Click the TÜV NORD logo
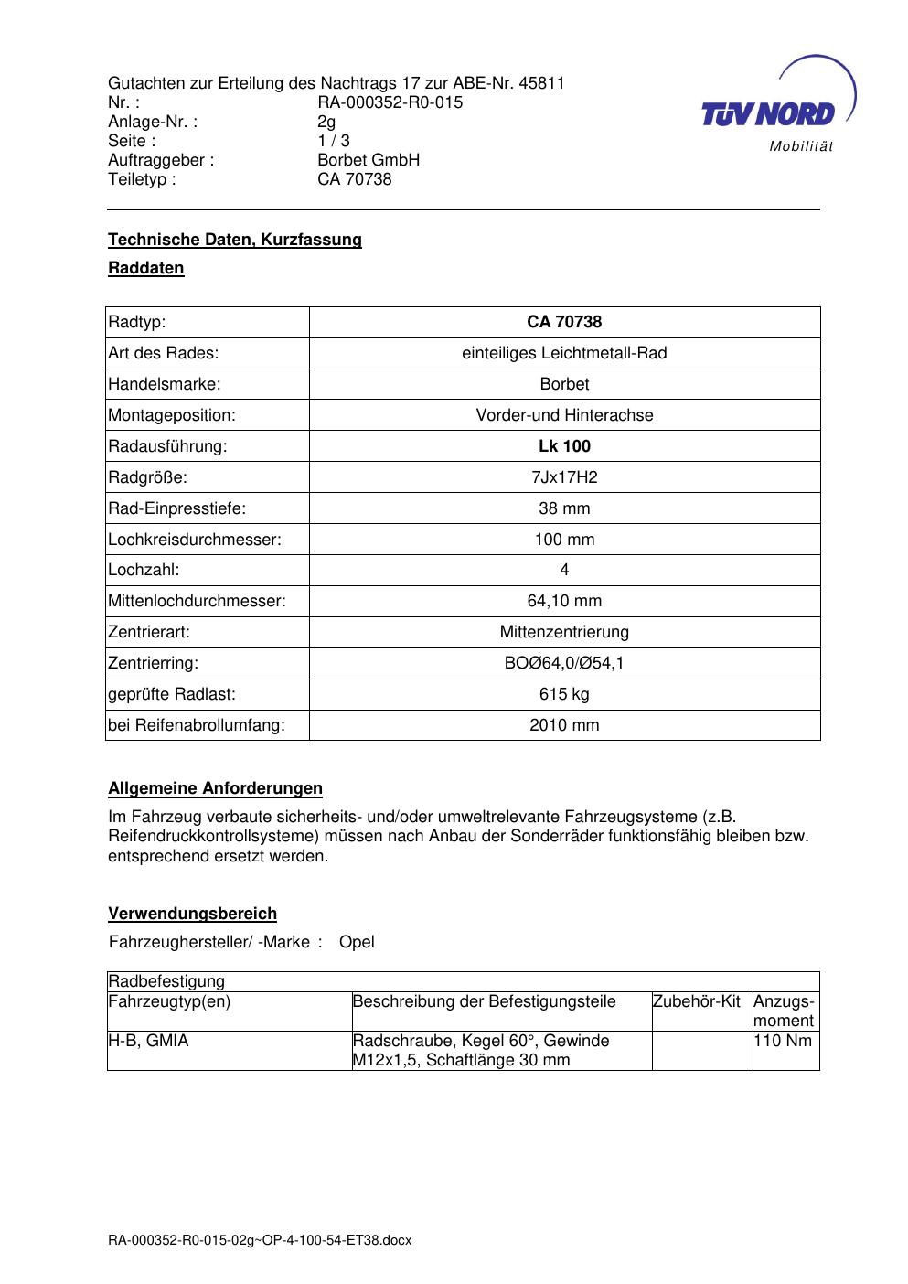pos(768,113)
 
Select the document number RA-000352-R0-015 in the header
pos(390,102)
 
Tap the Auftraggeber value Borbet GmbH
pos(369,160)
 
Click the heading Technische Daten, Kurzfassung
pos(235,240)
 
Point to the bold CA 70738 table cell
pos(564,322)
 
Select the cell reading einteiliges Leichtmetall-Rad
pos(564,353)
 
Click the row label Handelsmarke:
pos(165,384)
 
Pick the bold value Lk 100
pos(564,446)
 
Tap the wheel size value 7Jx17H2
pos(564,477)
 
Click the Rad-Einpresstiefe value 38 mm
pos(564,508)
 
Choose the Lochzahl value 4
pos(564,570)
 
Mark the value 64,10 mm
pos(564,601)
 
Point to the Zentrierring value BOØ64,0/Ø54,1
pos(564,663)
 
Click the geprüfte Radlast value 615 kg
pos(564,694)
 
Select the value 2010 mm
pos(564,725)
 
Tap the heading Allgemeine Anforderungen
pos(215,788)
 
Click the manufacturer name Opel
pos(357,942)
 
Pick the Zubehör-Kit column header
pos(697,1001)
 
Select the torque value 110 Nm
pos(783,1041)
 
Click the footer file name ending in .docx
pos(260,1241)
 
